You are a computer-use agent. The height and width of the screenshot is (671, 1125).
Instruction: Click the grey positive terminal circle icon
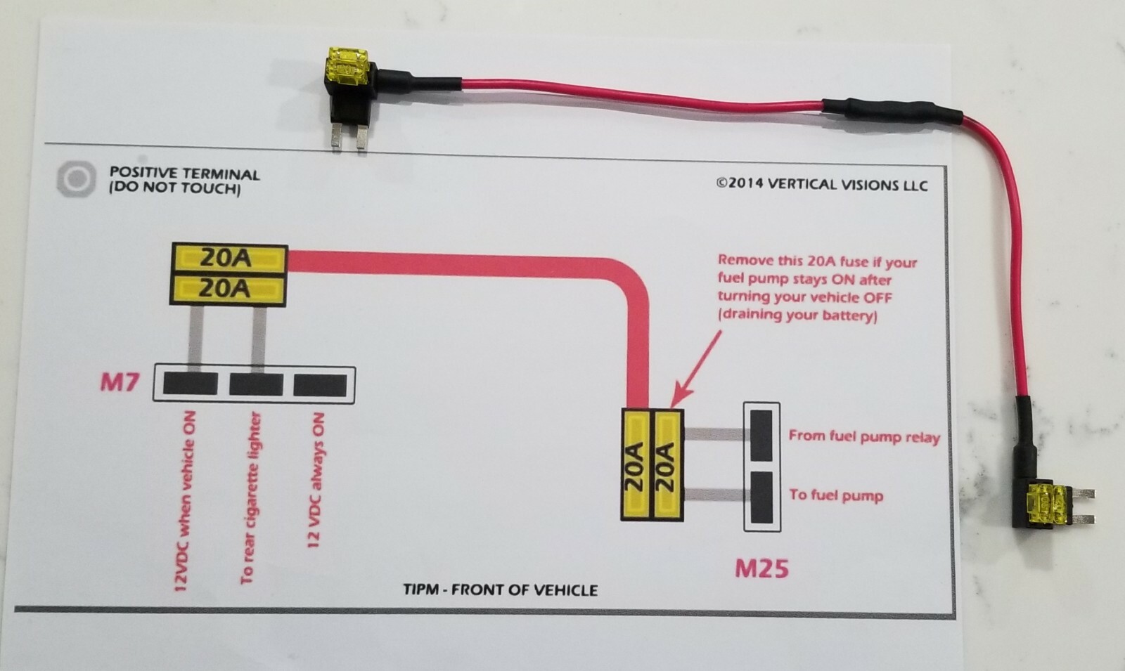(x=75, y=178)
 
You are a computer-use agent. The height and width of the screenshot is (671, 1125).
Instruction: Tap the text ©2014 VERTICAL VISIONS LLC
(x=821, y=184)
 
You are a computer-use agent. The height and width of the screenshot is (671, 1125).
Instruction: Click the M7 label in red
(x=120, y=383)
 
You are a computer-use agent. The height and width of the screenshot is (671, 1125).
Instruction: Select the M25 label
(x=761, y=568)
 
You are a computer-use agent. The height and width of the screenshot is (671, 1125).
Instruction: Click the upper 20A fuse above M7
(x=229, y=258)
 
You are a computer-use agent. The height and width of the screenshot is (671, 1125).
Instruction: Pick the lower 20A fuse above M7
(x=229, y=289)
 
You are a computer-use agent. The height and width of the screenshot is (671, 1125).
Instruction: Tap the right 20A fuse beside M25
(x=667, y=464)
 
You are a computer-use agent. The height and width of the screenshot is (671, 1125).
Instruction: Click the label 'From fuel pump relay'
(x=863, y=436)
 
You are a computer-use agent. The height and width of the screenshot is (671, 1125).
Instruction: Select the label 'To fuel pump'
(x=835, y=495)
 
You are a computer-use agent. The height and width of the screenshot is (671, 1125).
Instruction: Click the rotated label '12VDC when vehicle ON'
(x=185, y=500)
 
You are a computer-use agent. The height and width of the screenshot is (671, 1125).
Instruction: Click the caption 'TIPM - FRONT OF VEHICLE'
(x=500, y=589)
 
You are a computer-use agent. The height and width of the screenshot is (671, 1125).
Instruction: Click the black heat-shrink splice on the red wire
(x=891, y=111)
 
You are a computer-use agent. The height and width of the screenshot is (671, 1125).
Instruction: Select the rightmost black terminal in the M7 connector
(x=320, y=384)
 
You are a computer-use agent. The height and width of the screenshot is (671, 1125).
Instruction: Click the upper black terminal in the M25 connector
(x=761, y=435)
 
